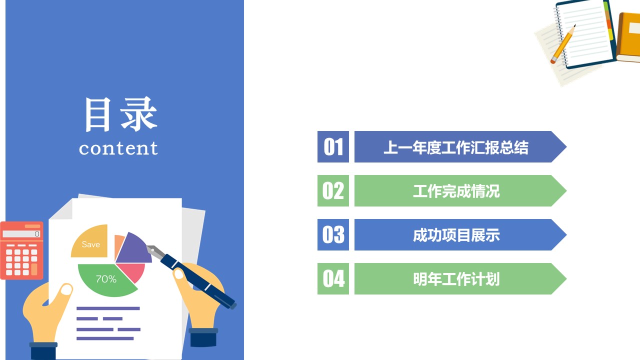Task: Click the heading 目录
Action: (120, 114)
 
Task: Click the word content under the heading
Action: (118, 148)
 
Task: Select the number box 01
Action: (333, 147)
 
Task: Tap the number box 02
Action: (333, 191)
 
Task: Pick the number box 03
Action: (333, 235)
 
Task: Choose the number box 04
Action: (333, 279)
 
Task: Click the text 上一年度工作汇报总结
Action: (455, 147)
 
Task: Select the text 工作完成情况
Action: (455, 191)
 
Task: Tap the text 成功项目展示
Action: (455, 235)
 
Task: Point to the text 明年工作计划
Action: (455, 279)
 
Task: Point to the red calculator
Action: (21, 250)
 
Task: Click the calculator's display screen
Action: (21, 234)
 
